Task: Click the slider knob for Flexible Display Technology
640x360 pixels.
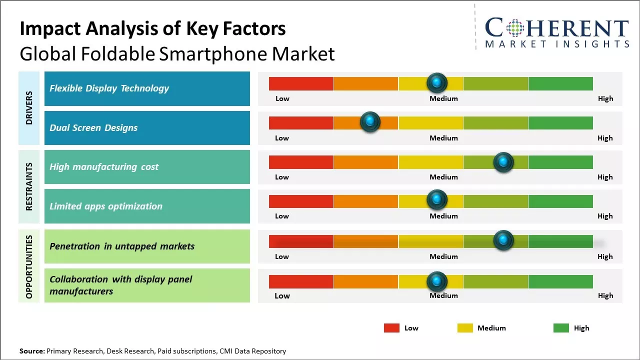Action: pyautogui.click(x=437, y=82)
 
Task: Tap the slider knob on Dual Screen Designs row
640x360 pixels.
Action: pyautogui.click(x=370, y=121)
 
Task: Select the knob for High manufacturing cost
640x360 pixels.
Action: pyautogui.click(x=503, y=162)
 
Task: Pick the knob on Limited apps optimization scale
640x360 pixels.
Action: pyautogui.click(x=437, y=199)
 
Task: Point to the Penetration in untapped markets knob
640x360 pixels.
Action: pyautogui.click(x=503, y=240)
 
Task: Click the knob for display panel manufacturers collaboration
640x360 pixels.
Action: pyautogui.click(x=437, y=281)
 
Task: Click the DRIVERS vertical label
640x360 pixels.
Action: pyautogui.click(x=29, y=108)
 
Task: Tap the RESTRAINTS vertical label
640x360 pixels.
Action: pyautogui.click(x=29, y=186)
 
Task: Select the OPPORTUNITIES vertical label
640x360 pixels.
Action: pyautogui.click(x=29, y=266)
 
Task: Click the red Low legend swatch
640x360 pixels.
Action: pyautogui.click(x=391, y=328)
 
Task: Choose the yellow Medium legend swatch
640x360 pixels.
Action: pyautogui.click(x=465, y=328)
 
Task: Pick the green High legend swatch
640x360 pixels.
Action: pyautogui.click(x=561, y=328)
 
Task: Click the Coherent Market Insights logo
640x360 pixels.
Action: pyautogui.click(x=556, y=32)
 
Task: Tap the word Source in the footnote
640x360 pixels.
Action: pyautogui.click(x=31, y=351)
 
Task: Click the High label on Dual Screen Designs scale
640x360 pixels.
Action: pyautogui.click(x=605, y=138)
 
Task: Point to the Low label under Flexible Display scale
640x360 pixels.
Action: pyautogui.click(x=282, y=98)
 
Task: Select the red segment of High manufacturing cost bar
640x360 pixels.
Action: pyautogui.click(x=301, y=162)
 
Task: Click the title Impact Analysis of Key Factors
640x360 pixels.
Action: pyautogui.click(x=152, y=29)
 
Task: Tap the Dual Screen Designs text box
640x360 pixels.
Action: pyautogui.click(x=147, y=128)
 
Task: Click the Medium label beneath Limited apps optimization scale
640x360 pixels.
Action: pyautogui.click(x=443, y=216)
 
